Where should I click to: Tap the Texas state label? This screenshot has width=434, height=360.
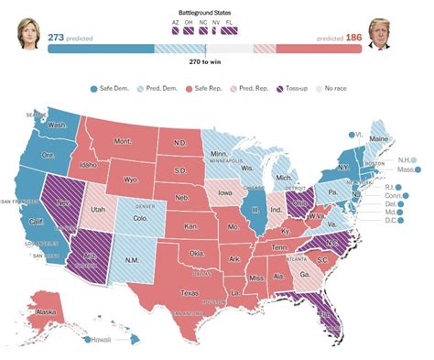(x=190, y=293)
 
